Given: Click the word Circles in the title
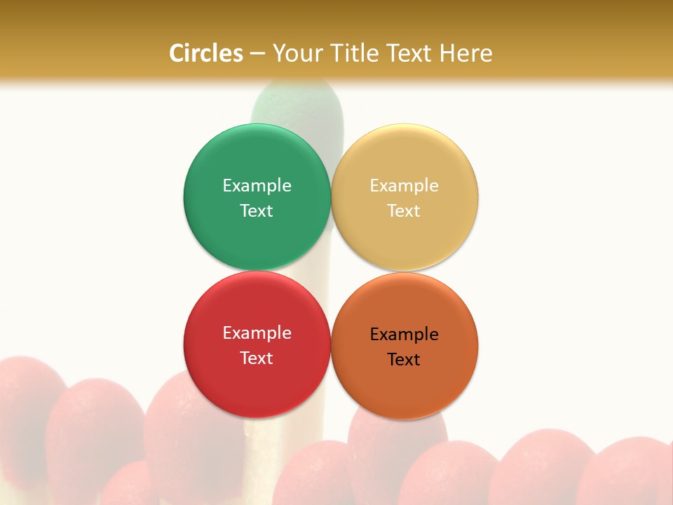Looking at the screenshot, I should tap(206, 53).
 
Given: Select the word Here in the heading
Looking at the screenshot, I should tap(465, 53).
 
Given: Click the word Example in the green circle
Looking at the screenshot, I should tap(257, 186).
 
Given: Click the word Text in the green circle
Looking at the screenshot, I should tap(257, 211).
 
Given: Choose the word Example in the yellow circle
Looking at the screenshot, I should tap(405, 186).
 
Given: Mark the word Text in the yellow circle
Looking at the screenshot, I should tap(405, 211).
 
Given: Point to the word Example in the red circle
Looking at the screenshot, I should tap(257, 333).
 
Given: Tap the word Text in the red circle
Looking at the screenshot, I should tap(257, 358).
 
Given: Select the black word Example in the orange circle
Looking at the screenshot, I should tap(405, 335).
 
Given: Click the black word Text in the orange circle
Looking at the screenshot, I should tap(405, 360).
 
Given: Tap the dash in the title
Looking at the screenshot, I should tap(257, 53).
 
